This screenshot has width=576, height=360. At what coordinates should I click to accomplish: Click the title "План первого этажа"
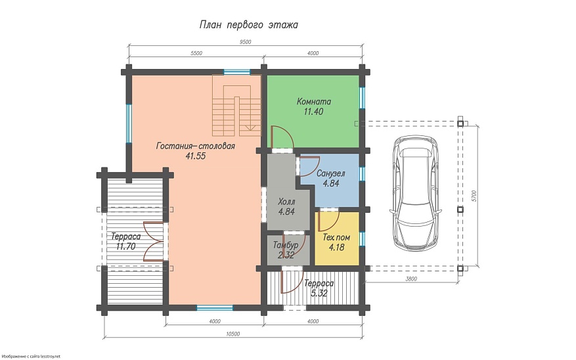pos(248,25)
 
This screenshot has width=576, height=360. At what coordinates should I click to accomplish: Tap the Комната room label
pos(314,101)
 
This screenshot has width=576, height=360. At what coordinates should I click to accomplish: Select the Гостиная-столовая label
pos(196,146)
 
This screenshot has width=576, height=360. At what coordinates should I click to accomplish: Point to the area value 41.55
pos(196,156)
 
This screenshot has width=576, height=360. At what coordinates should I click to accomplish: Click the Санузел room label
pos(330,173)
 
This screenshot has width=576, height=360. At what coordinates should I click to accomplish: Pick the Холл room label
pos(286,202)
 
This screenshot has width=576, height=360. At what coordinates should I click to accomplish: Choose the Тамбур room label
pos(286,245)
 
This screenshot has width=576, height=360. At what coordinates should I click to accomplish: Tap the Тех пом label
pos(336,238)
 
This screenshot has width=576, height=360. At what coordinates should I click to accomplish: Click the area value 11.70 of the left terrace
pos(125,246)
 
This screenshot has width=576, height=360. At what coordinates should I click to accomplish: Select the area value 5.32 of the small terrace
pos(319,293)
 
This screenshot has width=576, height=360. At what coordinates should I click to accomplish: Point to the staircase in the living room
pos(236,105)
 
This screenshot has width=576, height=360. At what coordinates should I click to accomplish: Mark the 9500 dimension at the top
pos(246,42)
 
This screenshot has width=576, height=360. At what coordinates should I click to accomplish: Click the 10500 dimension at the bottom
pos(233,334)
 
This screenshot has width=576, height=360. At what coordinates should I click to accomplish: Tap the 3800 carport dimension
pos(411,279)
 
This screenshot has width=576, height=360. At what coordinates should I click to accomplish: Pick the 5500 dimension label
pos(196,53)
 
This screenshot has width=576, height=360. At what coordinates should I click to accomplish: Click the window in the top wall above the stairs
pos(237,72)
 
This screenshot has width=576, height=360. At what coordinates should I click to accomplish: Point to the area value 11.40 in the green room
pos(313,112)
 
